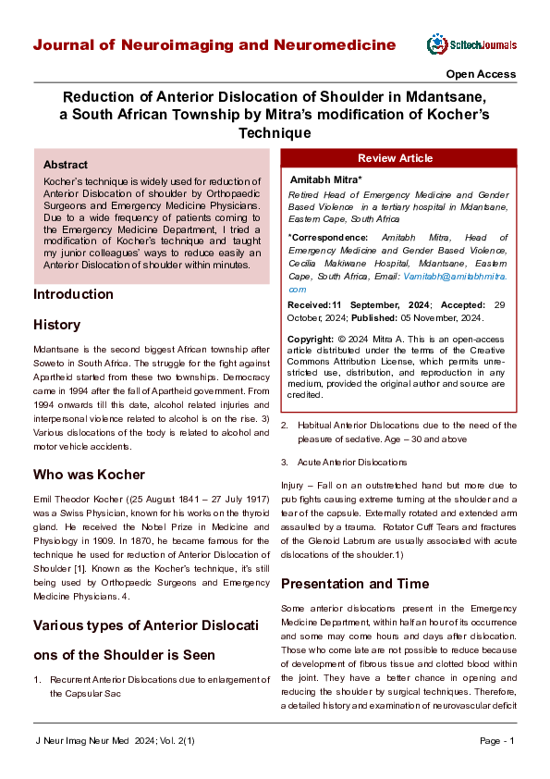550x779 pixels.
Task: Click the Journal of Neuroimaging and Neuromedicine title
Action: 214,45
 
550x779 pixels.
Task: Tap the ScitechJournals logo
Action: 471,44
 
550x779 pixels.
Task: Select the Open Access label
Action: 481,74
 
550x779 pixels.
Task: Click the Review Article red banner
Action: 395,158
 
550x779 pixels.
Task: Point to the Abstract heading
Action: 66,164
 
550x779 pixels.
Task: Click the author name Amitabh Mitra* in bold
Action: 326,178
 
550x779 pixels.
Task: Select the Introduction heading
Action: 73,294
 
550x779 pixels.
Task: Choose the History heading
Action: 56,325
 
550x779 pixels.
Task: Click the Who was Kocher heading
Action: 90,475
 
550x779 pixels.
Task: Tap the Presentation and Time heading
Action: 355,584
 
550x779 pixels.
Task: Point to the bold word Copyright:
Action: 312,340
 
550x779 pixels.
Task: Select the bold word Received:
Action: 312,304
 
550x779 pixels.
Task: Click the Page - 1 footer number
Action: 497,741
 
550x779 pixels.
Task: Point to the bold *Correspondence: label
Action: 328,238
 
